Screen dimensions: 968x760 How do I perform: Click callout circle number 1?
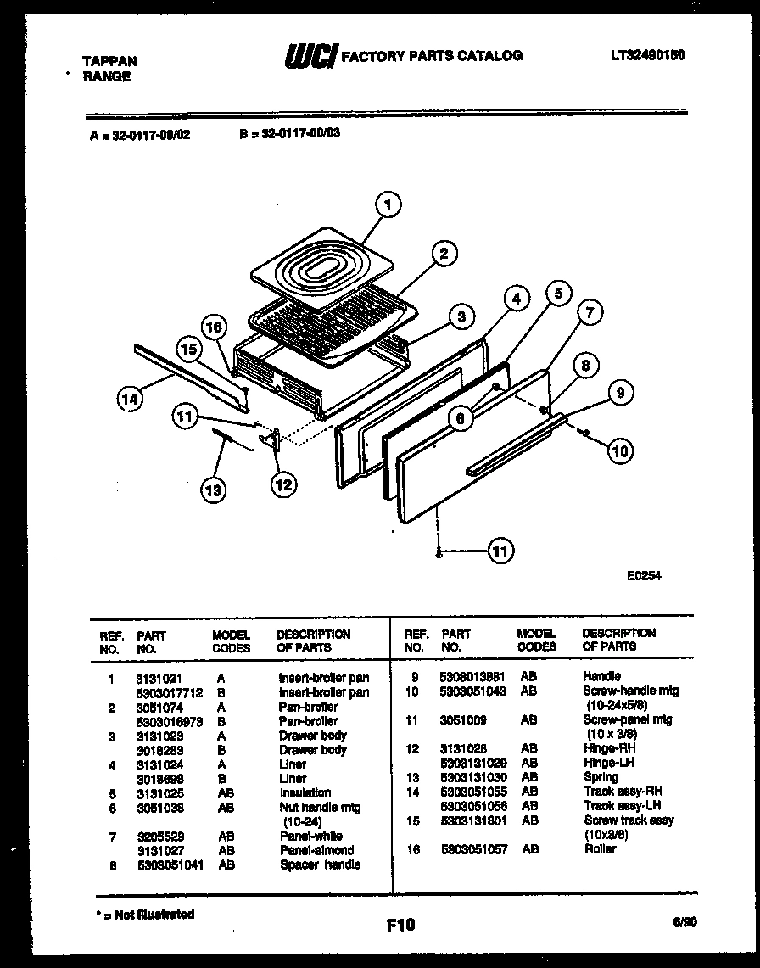point(388,204)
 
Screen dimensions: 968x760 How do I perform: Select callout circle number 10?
point(620,450)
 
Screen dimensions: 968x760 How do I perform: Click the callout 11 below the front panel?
point(500,552)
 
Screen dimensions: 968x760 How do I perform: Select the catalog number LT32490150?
point(647,55)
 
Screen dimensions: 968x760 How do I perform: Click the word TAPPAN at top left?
point(109,61)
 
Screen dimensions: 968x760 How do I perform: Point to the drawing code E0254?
point(644,575)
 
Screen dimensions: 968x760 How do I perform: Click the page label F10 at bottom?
point(400,925)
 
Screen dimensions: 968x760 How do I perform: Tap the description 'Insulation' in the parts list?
point(305,792)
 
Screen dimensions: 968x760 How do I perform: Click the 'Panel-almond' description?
point(316,850)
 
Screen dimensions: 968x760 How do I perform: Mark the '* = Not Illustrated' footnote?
point(142,914)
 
